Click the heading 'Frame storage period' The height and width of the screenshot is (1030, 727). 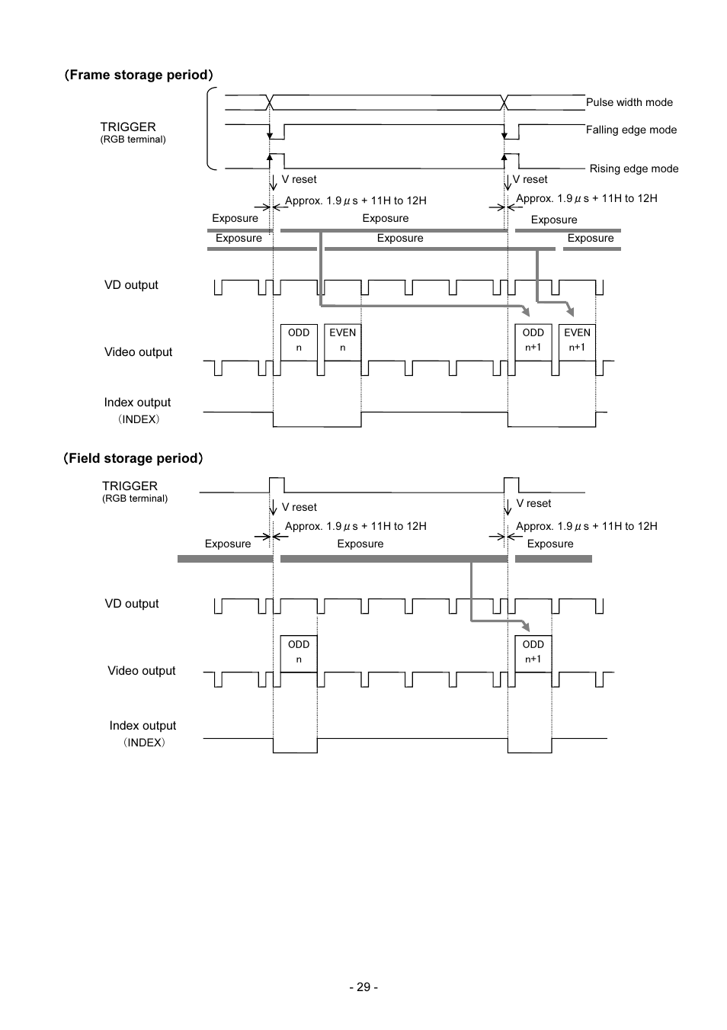point(139,75)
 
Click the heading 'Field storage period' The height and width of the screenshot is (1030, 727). point(133,458)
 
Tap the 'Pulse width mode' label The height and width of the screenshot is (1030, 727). point(629,102)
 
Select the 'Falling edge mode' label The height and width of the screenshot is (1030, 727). point(631,130)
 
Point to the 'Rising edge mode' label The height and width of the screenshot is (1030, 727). point(634,168)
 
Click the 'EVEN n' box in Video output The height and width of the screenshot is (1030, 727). point(342,342)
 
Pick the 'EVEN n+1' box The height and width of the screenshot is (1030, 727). point(577,342)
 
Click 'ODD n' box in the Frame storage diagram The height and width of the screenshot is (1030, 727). point(299,342)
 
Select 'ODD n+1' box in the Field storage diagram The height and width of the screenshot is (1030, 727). point(533,654)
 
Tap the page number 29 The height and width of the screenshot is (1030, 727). point(363,987)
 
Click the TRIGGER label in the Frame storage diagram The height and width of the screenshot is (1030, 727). point(128,127)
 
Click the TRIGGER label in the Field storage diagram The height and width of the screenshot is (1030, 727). point(130,486)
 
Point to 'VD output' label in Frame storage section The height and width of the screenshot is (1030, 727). point(131,285)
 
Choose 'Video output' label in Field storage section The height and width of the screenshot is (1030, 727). point(142,671)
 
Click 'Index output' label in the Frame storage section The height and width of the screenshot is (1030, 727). point(137,403)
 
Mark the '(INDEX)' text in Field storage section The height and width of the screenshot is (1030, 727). point(143,743)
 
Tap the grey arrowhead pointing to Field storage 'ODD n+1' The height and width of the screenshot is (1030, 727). point(527,627)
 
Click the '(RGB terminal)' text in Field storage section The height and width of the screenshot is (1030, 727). point(135,499)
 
